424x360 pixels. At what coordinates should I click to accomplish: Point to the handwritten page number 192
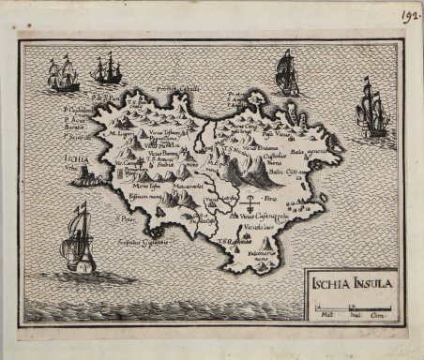pyautogui.click(x=409, y=14)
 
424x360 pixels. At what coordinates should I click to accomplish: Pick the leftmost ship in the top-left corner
pyautogui.click(x=63, y=74)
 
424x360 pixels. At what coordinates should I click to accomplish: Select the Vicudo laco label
pyautogui.click(x=259, y=228)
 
